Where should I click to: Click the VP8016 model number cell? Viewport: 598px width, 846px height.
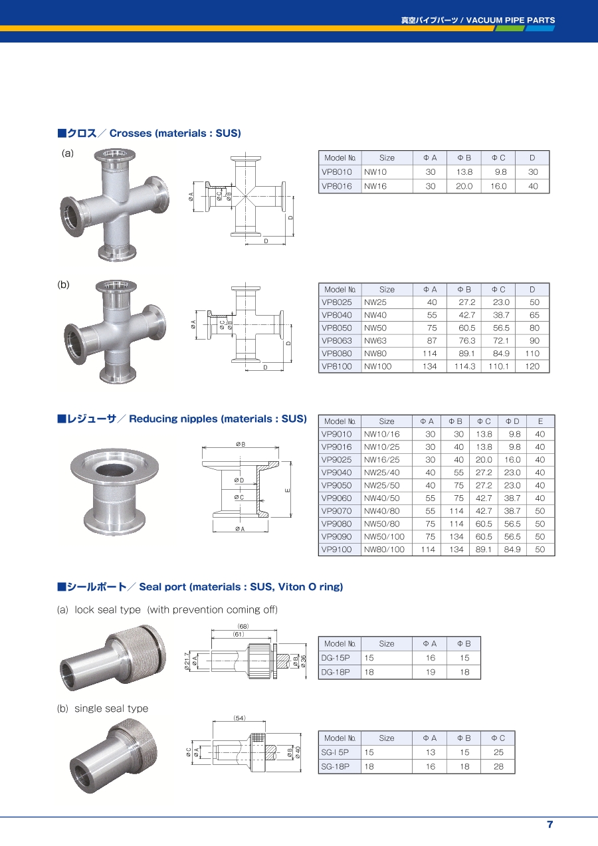[336, 186]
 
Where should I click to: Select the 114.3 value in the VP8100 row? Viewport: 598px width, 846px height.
[464, 366]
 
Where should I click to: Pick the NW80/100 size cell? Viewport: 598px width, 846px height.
[384, 550]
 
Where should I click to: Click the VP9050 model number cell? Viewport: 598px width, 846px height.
[336, 485]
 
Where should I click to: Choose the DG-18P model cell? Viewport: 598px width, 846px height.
[336, 672]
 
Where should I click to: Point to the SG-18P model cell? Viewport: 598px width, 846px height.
[335, 766]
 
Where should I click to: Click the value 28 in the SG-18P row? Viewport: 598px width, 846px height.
[498, 766]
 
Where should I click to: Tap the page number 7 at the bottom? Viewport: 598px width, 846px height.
[549, 824]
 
